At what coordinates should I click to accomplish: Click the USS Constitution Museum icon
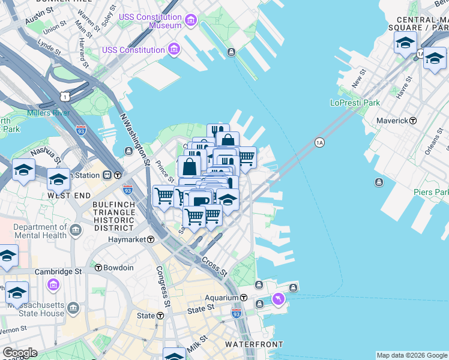click(x=191, y=22)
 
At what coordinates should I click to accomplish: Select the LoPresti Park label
click(x=355, y=103)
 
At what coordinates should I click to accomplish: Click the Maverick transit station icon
click(x=413, y=121)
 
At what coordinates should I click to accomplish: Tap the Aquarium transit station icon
click(x=244, y=298)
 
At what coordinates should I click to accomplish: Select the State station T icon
click(x=160, y=316)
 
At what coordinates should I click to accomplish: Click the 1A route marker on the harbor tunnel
click(x=319, y=142)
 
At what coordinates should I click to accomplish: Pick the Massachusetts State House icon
click(x=73, y=308)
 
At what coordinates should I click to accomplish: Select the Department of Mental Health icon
click(x=76, y=230)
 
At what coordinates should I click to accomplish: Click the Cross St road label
click(x=214, y=268)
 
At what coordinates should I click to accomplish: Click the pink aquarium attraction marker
click(x=277, y=298)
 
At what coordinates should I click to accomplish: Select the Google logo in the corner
click(x=19, y=353)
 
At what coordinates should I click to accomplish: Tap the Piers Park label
click(x=431, y=192)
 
